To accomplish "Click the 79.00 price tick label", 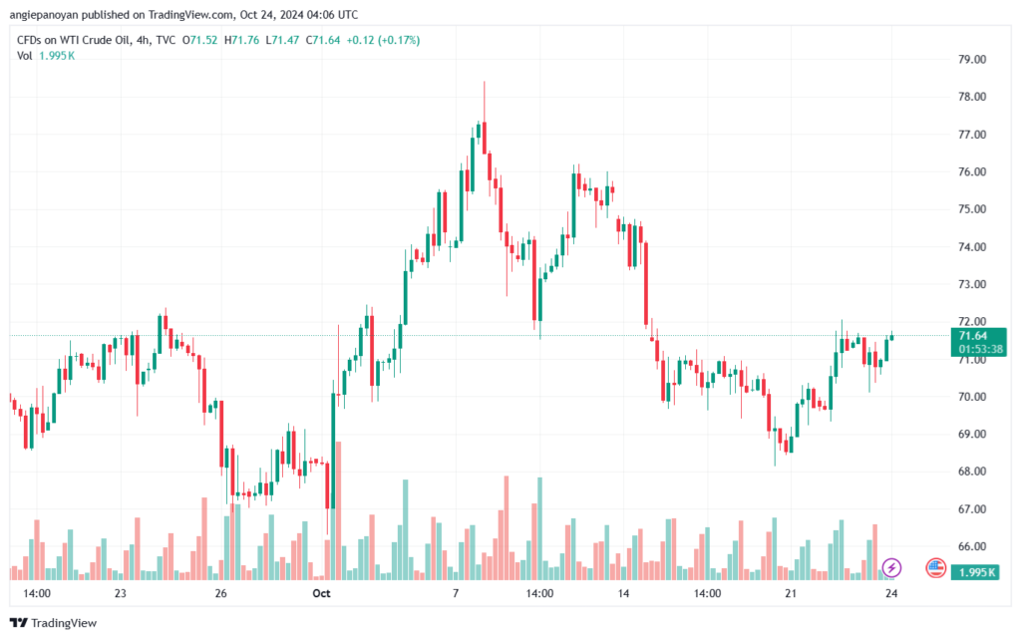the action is (x=971, y=59).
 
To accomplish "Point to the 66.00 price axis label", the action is (x=971, y=546).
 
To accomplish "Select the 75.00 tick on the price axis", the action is (x=971, y=209).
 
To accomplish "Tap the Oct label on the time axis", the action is (x=322, y=593).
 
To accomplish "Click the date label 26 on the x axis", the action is (x=220, y=593).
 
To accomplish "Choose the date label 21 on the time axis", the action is (x=791, y=593).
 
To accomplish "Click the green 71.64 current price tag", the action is (x=973, y=336).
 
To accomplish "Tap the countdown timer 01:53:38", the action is (x=981, y=350).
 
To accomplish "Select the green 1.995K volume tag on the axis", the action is (x=975, y=572).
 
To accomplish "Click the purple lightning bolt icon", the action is (x=891, y=568).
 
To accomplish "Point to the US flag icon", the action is (x=935, y=568).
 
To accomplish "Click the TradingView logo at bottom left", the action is (x=54, y=623).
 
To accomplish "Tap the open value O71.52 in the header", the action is (x=199, y=40).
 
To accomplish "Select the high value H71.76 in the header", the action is (x=241, y=40).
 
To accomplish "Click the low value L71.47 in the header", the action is (x=282, y=40).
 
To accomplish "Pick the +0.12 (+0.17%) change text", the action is (x=383, y=40).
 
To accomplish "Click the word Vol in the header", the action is (x=24, y=56).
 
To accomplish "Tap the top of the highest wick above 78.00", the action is (x=484, y=82).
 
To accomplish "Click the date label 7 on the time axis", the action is (x=456, y=593).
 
